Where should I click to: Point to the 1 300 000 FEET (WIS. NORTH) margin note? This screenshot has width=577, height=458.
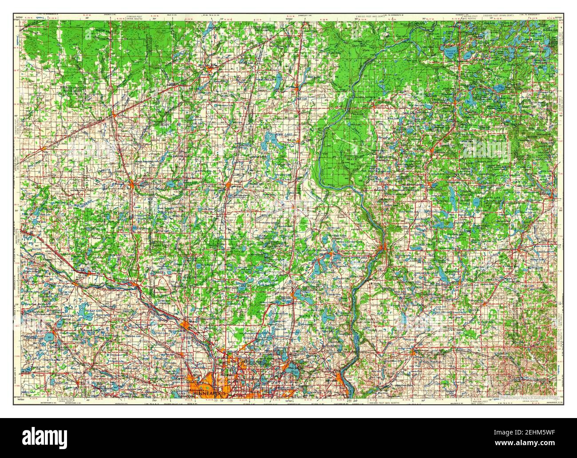click(387, 402)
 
